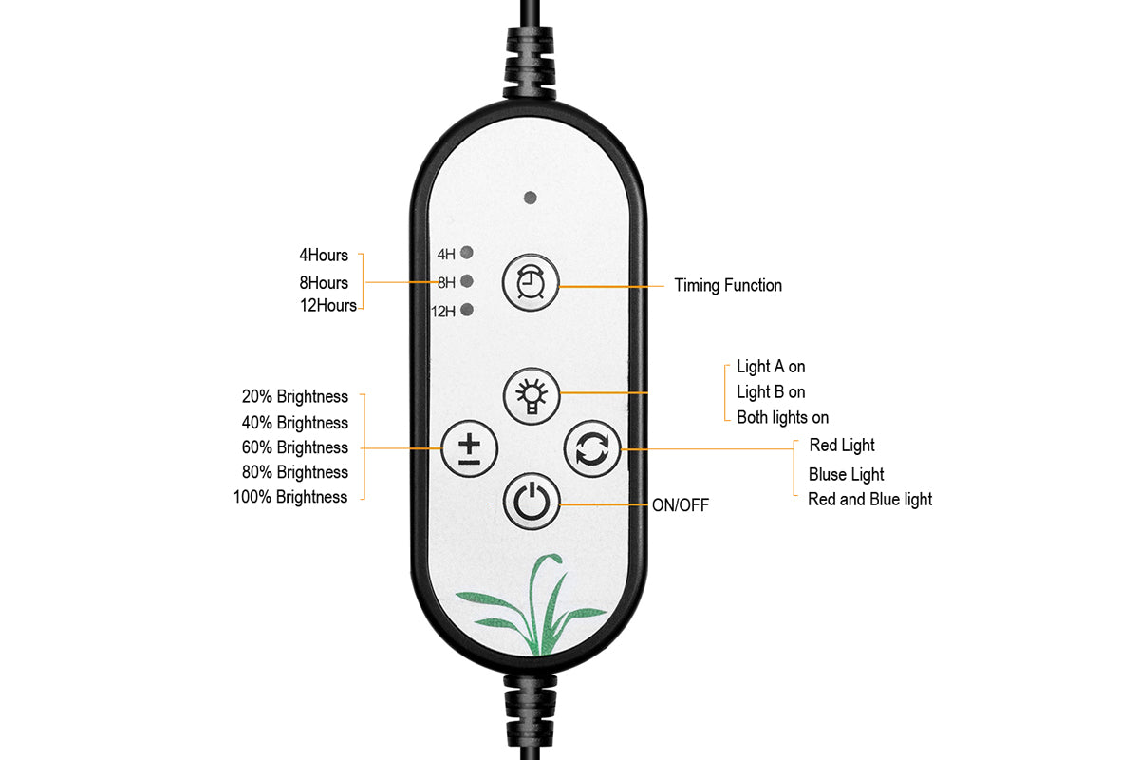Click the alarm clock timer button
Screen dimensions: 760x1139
coord(531,282)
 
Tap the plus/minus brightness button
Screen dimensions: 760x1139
coord(470,447)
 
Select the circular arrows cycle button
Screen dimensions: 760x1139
coord(592,449)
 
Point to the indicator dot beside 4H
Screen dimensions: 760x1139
coord(467,253)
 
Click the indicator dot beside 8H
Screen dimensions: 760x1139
coord(467,281)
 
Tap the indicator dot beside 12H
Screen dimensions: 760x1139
coord(467,310)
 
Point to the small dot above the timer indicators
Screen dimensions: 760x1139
coord(531,199)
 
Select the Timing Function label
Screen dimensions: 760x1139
coord(728,285)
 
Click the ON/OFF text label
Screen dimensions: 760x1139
coord(680,505)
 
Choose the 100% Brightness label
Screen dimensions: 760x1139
coord(290,497)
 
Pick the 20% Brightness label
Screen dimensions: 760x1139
coord(294,397)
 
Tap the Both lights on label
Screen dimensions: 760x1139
coord(782,417)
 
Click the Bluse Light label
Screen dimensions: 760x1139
coord(846,474)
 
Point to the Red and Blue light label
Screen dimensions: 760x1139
coord(869,499)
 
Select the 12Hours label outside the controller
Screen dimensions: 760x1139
coord(327,306)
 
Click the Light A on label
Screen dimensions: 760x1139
coord(771,367)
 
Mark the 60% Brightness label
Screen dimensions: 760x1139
coord(294,447)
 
